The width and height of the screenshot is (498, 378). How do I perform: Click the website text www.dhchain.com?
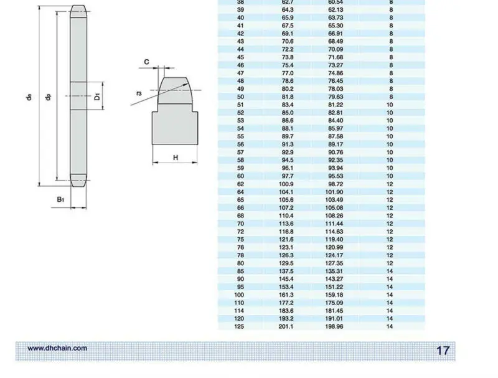[x=57, y=348]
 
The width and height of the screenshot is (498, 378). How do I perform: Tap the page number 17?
[x=443, y=351]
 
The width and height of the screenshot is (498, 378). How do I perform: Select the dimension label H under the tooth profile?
[x=176, y=158]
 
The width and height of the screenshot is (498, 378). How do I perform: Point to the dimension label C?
[x=146, y=62]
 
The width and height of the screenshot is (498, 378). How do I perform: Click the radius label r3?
[x=139, y=93]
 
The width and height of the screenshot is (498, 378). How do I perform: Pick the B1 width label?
[x=60, y=199]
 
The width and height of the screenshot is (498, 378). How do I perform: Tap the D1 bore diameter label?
[x=97, y=97]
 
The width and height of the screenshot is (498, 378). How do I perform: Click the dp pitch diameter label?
[x=49, y=97]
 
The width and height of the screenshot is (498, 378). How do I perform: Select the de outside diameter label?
[x=29, y=97]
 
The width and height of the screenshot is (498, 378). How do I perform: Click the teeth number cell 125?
[x=239, y=326]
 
